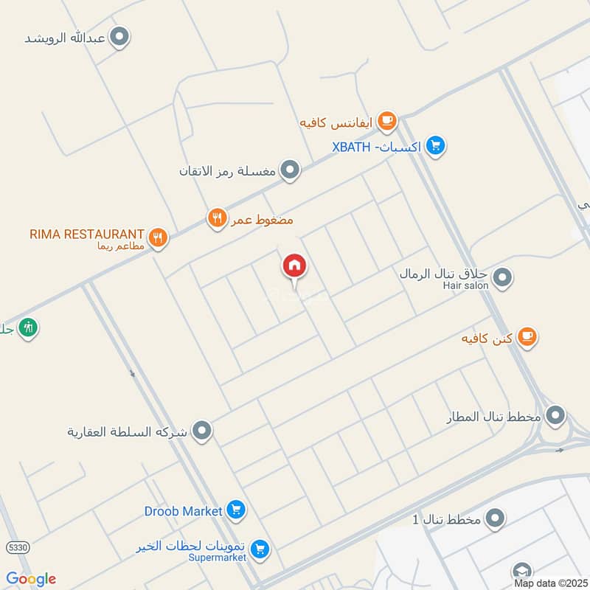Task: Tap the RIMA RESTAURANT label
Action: coord(86,234)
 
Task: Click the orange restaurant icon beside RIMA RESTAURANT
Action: coord(157,237)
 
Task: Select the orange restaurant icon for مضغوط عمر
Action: coord(215,218)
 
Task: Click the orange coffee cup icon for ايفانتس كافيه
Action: coord(386,120)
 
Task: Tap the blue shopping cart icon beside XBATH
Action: coord(435,145)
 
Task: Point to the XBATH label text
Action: coord(353,147)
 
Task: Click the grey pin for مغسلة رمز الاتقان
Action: coord(291,170)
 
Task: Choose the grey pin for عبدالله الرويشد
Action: coord(119,36)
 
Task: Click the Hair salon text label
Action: coord(465,285)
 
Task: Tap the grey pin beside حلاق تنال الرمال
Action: coord(502,278)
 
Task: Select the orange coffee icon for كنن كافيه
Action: coord(526,337)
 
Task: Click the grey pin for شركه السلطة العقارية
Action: coord(201,430)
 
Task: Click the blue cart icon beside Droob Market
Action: coord(236,510)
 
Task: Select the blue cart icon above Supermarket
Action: coord(258,549)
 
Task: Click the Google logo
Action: coord(31,579)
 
